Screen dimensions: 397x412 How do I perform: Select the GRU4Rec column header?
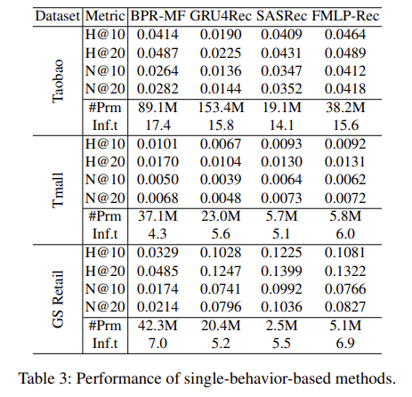click(x=222, y=15)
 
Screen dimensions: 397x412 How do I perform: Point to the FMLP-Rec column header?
click(x=351, y=15)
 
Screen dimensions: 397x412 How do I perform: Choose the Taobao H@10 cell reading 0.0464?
click(x=351, y=35)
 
